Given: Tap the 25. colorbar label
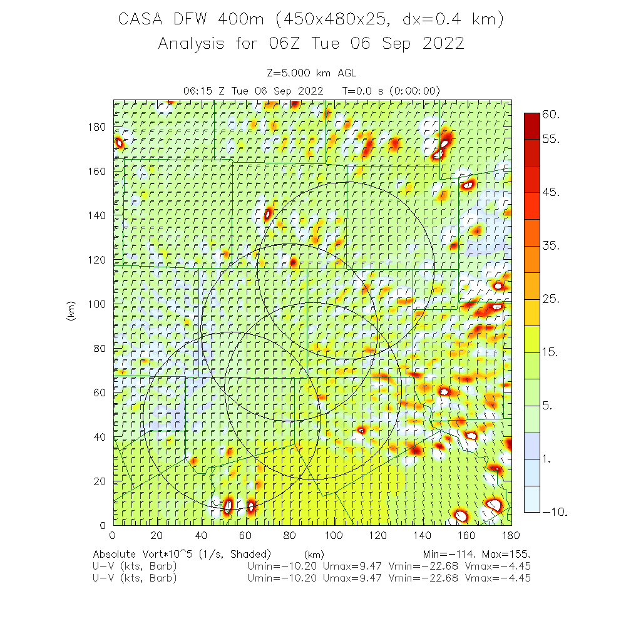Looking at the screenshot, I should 552,299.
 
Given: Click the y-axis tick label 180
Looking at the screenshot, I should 98,126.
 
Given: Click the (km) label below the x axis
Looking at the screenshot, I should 314,555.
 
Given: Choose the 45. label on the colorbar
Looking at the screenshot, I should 552,193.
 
